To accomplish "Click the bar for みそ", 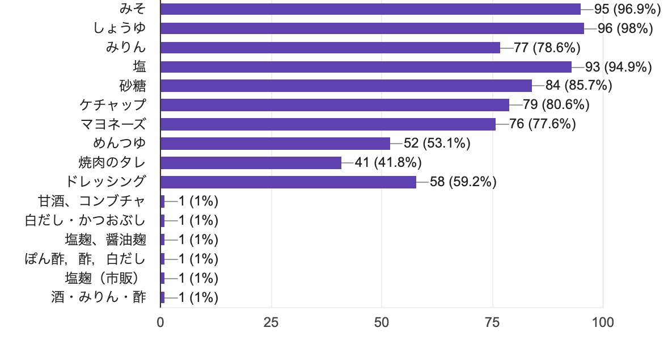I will (x=371, y=9).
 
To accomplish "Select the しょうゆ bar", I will (x=373, y=28).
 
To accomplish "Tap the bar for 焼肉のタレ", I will (x=251, y=163).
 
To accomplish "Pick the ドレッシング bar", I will (x=289, y=182).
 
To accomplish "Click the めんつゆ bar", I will (x=276, y=144).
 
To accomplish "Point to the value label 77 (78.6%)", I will (x=547, y=48).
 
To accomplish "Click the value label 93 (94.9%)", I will (x=619, y=67).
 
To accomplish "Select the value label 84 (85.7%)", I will (x=579, y=86).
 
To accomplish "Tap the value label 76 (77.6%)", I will (x=543, y=124).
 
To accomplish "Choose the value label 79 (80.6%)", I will (x=556, y=105).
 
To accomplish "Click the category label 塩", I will (x=139, y=67).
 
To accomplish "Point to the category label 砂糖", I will (x=133, y=86).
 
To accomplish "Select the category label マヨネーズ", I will (x=113, y=124).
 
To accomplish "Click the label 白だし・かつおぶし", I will (x=86, y=220).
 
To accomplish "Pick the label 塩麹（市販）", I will (x=105, y=278).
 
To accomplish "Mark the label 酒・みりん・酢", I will (x=99, y=297).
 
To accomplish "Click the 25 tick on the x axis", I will (x=271, y=323).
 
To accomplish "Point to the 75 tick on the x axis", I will (x=492, y=323).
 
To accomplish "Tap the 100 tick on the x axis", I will (x=603, y=323).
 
